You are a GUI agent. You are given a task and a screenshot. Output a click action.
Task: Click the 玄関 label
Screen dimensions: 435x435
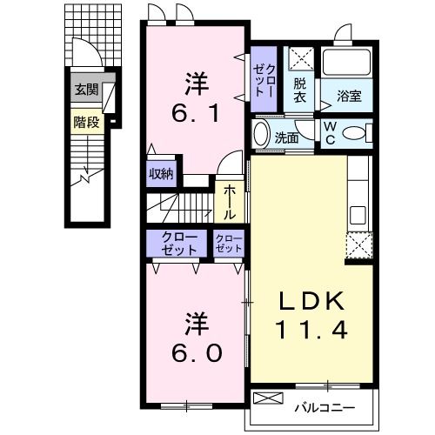click(x=86, y=89)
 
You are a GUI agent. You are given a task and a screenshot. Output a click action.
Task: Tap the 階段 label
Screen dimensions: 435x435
click(x=86, y=122)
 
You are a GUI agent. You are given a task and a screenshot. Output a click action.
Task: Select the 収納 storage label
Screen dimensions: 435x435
click(x=161, y=173)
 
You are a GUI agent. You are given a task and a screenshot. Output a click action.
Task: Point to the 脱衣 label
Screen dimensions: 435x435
click(x=300, y=90)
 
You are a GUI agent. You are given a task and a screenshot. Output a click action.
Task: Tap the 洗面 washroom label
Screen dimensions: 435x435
click(x=286, y=137)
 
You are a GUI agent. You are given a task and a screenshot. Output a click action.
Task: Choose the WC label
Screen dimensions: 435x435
click(x=331, y=133)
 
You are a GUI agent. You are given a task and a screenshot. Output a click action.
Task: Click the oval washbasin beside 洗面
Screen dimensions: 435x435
click(x=261, y=136)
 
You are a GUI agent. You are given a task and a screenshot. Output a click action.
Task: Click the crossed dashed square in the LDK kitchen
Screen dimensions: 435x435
click(x=358, y=247)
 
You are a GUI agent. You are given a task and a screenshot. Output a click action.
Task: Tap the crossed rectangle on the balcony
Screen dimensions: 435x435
click(x=268, y=398)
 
